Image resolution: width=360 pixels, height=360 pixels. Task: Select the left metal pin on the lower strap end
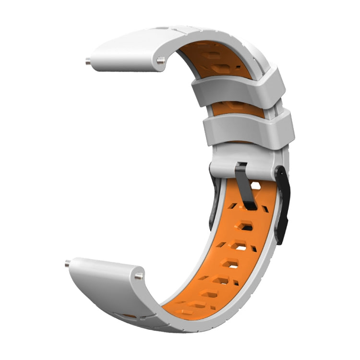(67, 263)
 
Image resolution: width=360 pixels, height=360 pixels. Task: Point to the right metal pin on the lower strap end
(139, 276)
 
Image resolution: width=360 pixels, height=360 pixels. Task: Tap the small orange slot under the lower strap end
(129, 316)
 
